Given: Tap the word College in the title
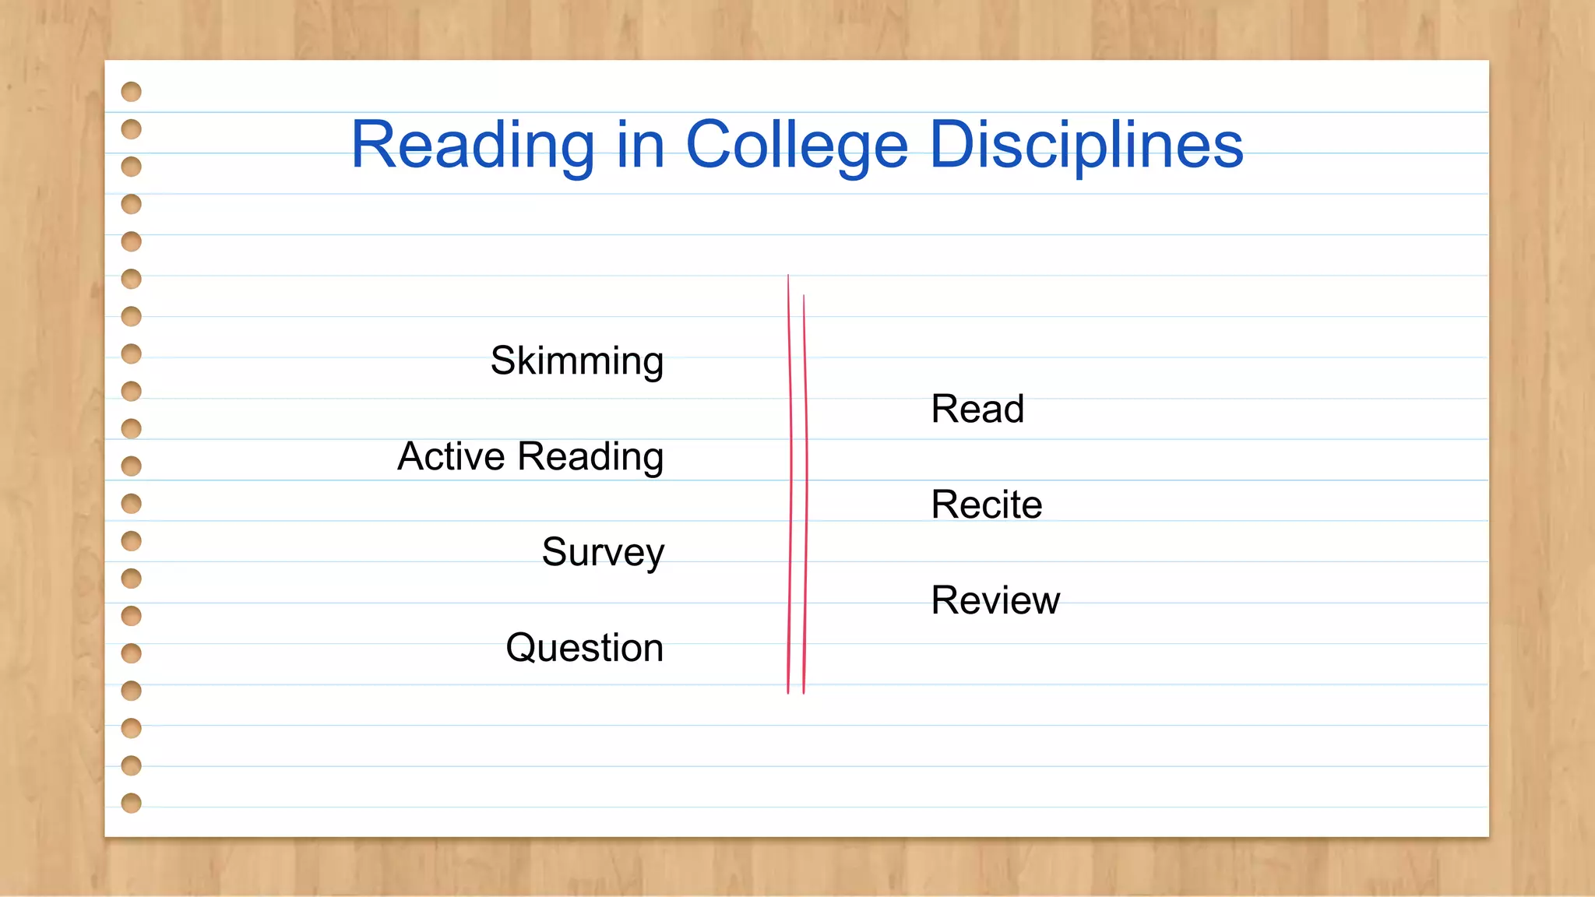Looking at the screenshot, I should click(797, 146).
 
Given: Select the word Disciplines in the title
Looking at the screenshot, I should click(1086, 146).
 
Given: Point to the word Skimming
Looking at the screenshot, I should click(576, 361).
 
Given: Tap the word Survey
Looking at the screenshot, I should click(603, 553).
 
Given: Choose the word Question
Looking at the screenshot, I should click(584, 648).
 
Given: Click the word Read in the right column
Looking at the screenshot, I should click(977, 409).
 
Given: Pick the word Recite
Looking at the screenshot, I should click(986, 505).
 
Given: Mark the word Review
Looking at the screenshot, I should click(995, 600).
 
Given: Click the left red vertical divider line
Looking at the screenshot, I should click(790, 483).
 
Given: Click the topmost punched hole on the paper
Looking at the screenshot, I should click(132, 92).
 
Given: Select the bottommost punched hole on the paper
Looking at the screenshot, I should click(132, 803).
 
